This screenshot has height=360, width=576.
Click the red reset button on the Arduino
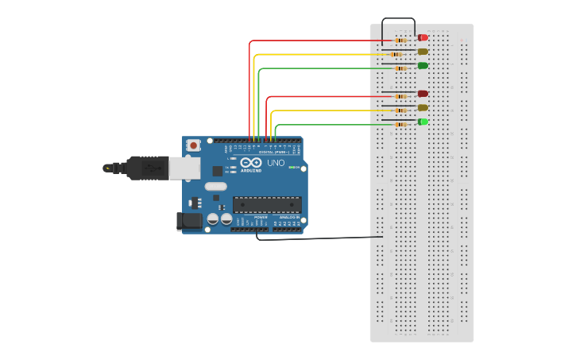[x=194, y=145]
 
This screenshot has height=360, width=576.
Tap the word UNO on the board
[x=276, y=163]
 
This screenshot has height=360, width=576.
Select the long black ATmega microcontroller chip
[x=267, y=205]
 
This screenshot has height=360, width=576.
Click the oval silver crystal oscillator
[x=215, y=187]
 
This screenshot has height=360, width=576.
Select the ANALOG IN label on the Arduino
[x=288, y=217]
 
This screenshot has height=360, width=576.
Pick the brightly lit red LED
[x=423, y=37]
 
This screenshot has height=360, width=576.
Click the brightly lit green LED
[x=423, y=122]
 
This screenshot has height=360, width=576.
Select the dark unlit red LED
[x=423, y=94]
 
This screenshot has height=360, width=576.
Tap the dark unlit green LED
[x=423, y=65]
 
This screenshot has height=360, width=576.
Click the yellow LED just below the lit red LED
[x=423, y=52]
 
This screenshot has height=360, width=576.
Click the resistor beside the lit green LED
[x=400, y=124]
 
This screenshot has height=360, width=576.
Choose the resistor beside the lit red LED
[x=400, y=40]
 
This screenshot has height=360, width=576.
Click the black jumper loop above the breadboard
[x=398, y=19]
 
